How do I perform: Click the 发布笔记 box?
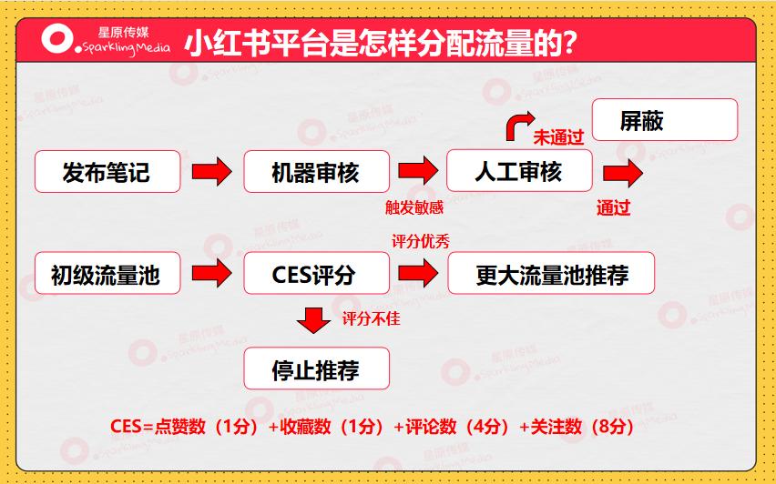107,171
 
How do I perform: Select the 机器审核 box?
316,171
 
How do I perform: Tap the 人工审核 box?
518,171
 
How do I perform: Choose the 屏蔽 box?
664,120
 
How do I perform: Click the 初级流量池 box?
107,274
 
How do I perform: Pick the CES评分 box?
316,274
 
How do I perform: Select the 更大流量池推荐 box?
551,274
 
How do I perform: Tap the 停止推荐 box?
316,369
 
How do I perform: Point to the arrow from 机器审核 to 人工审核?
418,170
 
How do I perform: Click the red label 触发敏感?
414,207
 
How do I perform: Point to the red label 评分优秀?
420,241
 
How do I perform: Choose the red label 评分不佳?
371,319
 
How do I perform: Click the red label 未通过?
557,137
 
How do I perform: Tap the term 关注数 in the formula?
555,426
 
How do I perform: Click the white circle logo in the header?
57,39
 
